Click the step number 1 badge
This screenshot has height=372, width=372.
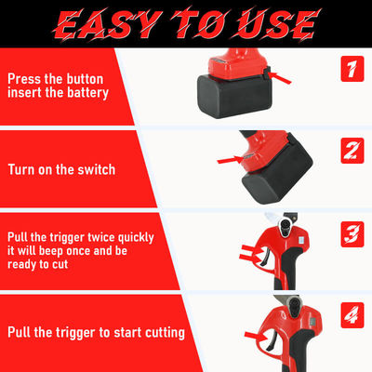pos(352,69)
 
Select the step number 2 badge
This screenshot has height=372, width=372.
pos(352,151)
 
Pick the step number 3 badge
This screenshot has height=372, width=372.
pos(352,234)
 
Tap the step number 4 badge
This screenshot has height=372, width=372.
pos(352,315)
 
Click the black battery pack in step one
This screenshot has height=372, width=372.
pos(234,97)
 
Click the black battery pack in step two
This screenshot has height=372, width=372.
pos(278,174)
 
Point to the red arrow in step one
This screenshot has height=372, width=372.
pos(280,77)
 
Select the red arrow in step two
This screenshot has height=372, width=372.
pos(230,160)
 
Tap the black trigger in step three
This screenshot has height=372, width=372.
pos(263,257)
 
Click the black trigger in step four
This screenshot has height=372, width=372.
pos(271,340)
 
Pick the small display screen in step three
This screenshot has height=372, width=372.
pos(301,240)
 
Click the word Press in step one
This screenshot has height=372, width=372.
pos(24,79)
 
